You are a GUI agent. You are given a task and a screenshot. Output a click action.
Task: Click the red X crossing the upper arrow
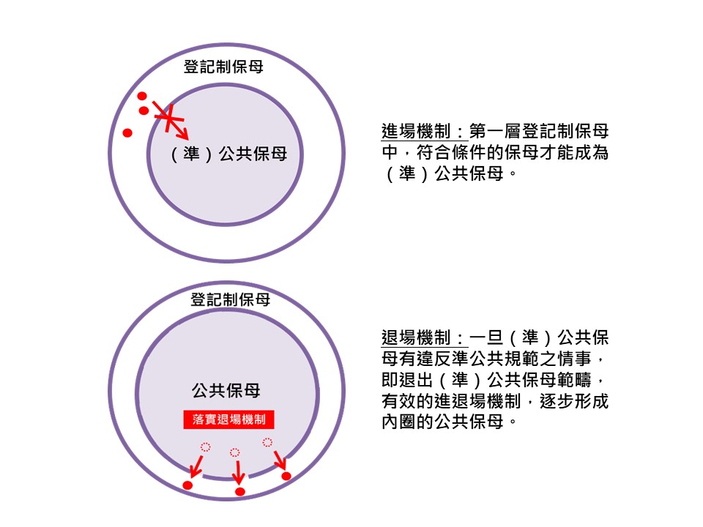(x=169, y=118)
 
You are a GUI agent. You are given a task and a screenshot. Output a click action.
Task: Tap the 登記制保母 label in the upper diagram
(x=223, y=67)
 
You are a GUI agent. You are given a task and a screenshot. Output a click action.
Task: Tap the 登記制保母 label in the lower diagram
(x=230, y=299)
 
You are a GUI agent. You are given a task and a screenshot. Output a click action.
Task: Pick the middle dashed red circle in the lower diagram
(x=234, y=452)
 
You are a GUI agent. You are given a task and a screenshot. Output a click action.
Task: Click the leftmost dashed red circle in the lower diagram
(x=206, y=446)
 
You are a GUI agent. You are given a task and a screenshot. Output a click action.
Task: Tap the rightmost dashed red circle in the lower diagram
(x=267, y=442)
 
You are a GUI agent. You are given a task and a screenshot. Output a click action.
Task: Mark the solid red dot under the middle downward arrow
(x=239, y=491)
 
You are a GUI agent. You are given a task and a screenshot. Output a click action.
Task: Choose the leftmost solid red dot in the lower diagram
(x=187, y=485)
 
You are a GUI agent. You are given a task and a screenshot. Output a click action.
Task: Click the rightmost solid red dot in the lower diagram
(x=286, y=476)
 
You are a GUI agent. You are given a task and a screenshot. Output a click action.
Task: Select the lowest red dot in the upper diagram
(x=127, y=133)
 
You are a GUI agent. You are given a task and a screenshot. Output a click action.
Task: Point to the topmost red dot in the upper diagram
(x=141, y=96)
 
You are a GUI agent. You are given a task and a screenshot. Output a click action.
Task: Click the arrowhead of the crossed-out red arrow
(x=184, y=135)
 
